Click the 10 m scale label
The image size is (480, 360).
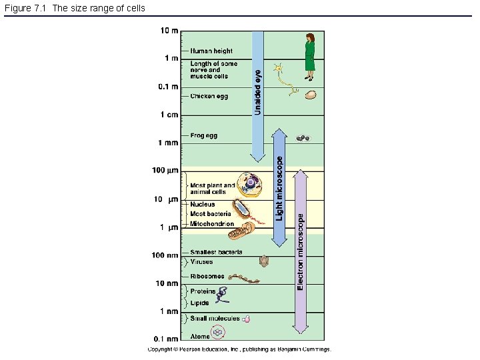[169, 30]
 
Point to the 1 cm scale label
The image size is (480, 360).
[169, 115]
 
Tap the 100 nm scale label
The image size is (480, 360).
[165, 255]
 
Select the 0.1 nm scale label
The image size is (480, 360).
[165, 339]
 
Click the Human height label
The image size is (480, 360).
[211, 51]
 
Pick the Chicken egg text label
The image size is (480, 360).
[209, 96]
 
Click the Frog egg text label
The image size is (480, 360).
[203, 135]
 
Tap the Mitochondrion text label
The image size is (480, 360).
[212, 224]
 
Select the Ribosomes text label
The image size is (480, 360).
[207, 276]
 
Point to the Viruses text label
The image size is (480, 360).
[202, 262]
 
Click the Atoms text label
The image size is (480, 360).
[200, 336]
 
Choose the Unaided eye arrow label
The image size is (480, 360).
[258, 93]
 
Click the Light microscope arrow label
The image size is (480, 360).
[280, 189]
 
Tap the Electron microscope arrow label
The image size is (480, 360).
[301, 252]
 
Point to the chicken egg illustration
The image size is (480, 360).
[310, 95]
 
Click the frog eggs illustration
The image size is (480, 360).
[303, 139]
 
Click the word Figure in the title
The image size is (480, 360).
[17, 8]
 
